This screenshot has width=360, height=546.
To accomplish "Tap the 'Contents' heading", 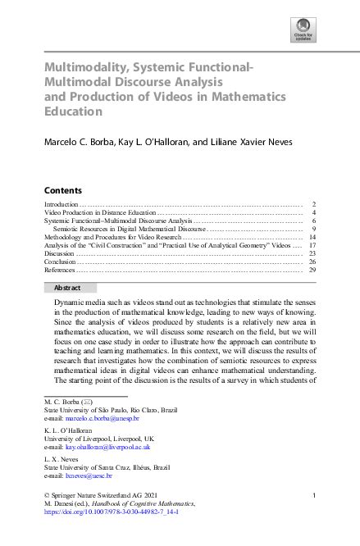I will point(62,189).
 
